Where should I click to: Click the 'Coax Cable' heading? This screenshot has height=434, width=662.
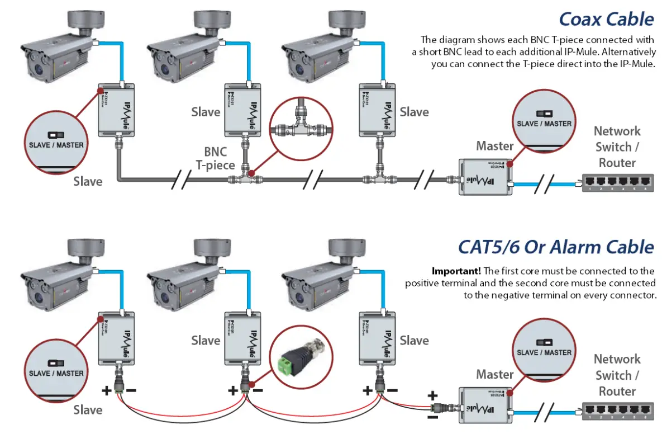(606, 19)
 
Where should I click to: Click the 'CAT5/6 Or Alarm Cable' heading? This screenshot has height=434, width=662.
(556, 247)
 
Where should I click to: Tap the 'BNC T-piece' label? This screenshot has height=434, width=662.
(215, 158)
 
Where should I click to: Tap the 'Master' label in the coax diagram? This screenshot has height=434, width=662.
(494, 146)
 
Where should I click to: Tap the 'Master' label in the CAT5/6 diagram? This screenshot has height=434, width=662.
(494, 374)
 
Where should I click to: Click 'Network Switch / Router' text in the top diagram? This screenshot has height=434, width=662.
(617, 147)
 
